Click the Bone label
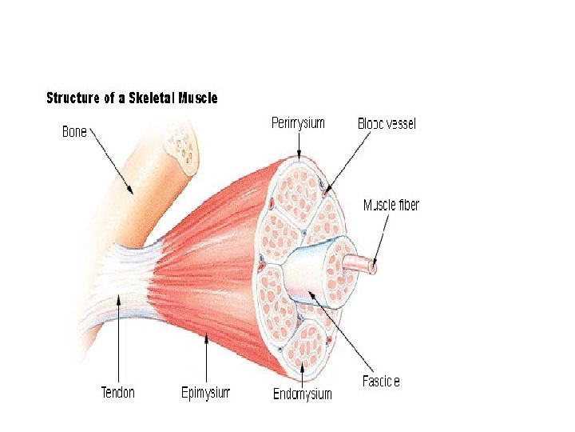coord(74,132)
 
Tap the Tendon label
coord(118,393)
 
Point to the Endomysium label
coord(302,394)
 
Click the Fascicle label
coord(381,381)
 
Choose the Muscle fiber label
coord(391,205)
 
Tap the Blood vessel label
coord(387,124)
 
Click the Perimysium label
coord(298,123)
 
